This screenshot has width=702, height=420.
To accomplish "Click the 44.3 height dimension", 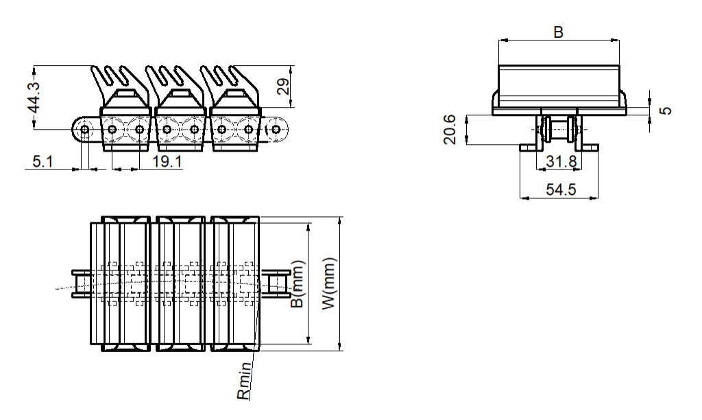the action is [34, 97].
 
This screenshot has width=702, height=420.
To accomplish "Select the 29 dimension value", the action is [283, 86].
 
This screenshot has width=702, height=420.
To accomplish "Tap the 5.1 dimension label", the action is [43, 161].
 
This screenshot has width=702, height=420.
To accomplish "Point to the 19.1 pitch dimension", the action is [167, 161].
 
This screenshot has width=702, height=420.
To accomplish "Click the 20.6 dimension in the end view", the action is [450, 130].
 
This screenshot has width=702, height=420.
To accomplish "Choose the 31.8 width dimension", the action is [561, 161].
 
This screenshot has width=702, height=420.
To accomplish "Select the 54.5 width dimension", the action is [561, 189].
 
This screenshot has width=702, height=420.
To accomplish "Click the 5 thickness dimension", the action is [666, 110].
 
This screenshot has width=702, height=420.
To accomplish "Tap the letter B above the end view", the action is [558, 32].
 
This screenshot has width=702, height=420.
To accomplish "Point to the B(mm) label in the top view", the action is [298, 284].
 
